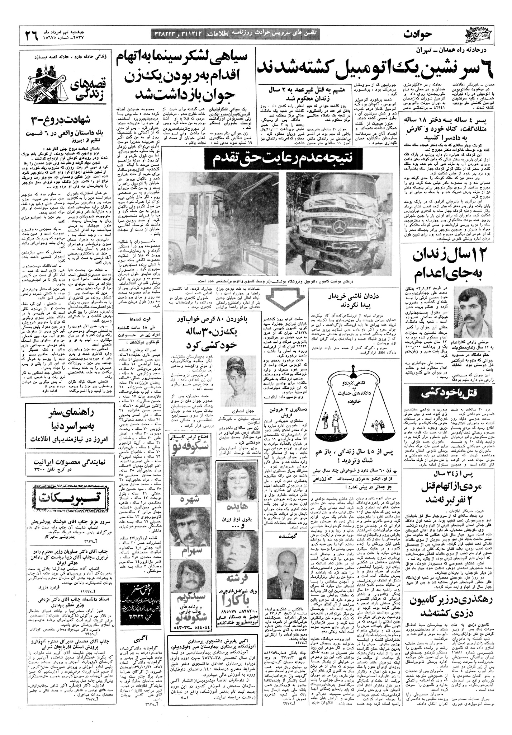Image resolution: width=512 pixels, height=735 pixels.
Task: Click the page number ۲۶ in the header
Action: (32, 35)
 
